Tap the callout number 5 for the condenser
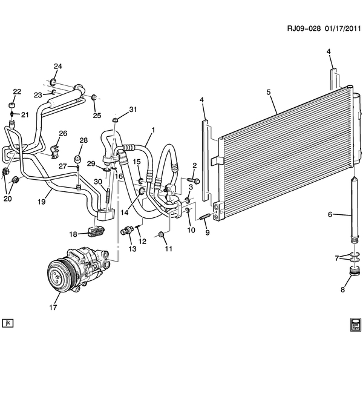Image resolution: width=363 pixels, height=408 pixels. pyautogui.click(x=269, y=92)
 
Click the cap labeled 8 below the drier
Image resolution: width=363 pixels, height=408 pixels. pyautogui.click(x=354, y=271)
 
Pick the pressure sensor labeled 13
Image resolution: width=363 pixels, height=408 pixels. pyautogui.click(x=128, y=230)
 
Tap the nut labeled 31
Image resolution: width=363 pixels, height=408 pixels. pyautogui.click(x=115, y=120)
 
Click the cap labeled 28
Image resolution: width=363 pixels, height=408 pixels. pyautogui.click(x=77, y=159)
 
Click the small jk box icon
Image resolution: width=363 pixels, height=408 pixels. pyautogui.click(x=7, y=323)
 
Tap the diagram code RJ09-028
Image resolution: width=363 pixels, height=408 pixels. pyautogui.click(x=304, y=28)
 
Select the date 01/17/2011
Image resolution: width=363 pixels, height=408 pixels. pyautogui.click(x=342, y=28)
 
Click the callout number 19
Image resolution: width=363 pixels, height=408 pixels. pyautogui.click(x=42, y=202)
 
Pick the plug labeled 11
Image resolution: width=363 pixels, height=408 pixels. pyautogui.click(x=161, y=234)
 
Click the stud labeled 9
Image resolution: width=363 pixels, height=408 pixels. pyautogui.click(x=205, y=216)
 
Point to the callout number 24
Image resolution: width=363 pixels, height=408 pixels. pyautogui.click(x=57, y=67)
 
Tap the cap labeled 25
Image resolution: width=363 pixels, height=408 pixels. pyautogui.click(x=94, y=98)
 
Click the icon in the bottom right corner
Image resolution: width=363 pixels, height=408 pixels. pyautogui.click(x=355, y=324)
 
